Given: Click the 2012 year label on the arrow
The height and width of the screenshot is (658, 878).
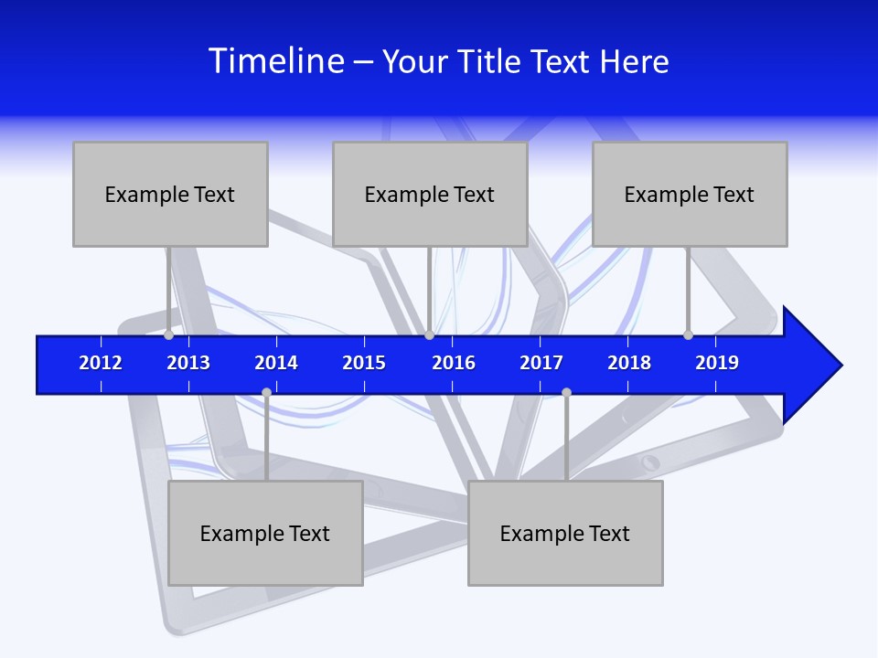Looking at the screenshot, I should [x=101, y=363].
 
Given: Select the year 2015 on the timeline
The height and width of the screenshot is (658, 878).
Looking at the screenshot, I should [x=364, y=363].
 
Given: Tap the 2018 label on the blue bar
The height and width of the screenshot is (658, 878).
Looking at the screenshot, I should [x=629, y=363].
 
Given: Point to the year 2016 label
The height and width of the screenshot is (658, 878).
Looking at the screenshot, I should [x=454, y=363].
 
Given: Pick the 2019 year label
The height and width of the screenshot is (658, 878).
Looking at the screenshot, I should [x=717, y=363].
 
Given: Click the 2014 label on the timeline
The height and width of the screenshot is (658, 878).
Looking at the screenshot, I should [x=276, y=363].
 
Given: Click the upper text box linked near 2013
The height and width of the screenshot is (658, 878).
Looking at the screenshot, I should [x=170, y=194].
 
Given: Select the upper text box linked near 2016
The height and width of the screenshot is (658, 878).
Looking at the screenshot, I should [x=430, y=194].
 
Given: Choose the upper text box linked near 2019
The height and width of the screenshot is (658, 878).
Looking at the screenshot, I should [x=690, y=194].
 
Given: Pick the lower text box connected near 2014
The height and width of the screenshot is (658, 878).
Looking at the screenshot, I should [x=265, y=533].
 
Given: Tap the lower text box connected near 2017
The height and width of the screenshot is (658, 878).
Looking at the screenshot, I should [x=565, y=533].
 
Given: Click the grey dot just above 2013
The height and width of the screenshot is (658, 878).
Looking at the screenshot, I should [x=168, y=334].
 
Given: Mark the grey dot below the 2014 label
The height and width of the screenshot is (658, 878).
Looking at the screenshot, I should [x=266, y=392].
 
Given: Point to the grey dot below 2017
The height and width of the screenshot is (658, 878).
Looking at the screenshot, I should [x=566, y=392].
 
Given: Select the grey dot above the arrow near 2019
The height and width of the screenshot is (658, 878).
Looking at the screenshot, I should [x=688, y=334].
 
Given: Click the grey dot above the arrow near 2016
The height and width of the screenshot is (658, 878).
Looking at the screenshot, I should [x=429, y=334].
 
